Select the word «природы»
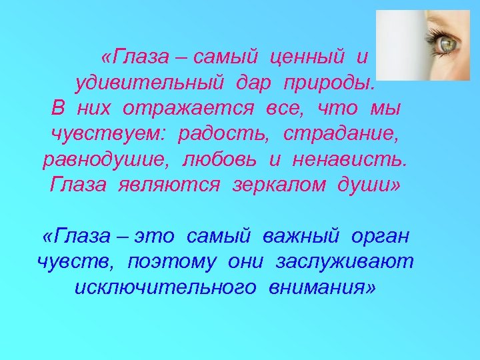pyautogui.click(x=329, y=83)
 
